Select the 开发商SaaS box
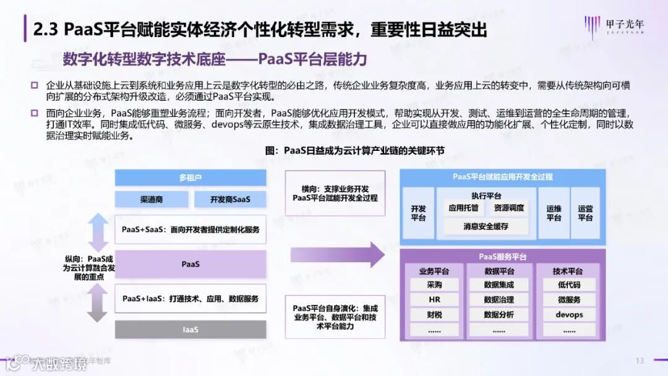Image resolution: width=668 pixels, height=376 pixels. coord(229,199)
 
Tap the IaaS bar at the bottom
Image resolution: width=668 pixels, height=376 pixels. coord(191,330)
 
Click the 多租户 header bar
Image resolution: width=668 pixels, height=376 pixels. coord(191,178)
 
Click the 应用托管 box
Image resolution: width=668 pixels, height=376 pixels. coord(463,208)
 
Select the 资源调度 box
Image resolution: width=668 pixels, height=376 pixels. coord(509,208)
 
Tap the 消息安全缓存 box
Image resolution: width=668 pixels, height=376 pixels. coord(486,226)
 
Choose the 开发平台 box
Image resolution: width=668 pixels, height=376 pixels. coord(419,213)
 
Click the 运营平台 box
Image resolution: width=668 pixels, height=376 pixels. coord(585,213)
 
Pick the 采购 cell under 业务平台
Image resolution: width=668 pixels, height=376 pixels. coord(434,285)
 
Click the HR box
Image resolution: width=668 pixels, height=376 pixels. coord(434,300)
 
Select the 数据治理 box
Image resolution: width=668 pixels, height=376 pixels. coord(499,300)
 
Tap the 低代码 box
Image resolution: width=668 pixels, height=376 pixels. coord(569,285)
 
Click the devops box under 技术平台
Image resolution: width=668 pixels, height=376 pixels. coord(569,315)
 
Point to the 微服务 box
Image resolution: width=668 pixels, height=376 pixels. coord(569,300)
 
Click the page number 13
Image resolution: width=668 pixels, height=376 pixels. coord(640,361)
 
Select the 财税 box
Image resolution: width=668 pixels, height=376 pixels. coord(434,315)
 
